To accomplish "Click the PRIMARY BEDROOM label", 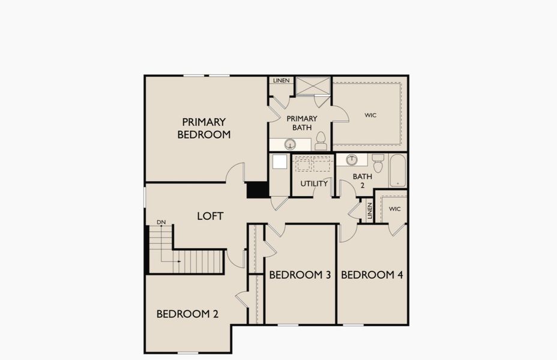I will click(x=204, y=128).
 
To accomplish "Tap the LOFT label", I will click(x=210, y=216).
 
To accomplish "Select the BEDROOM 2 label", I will click(x=187, y=314).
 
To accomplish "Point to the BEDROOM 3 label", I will click(x=300, y=275).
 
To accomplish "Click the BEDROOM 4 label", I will click(x=372, y=275).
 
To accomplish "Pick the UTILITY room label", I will click(x=314, y=184).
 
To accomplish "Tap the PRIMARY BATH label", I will click(x=302, y=123).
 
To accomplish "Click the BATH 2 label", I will click(x=362, y=181).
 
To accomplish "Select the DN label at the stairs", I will click(x=161, y=222).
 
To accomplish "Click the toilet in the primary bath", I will click(x=321, y=141).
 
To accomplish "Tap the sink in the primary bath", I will click(x=290, y=144).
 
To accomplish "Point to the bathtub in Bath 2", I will click(x=397, y=170).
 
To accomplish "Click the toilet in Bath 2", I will click(x=378, y=163).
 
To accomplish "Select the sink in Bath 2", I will click(x=352, y=160).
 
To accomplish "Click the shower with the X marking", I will click(x=313, y=85).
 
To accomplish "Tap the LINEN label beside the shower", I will click(x=281, y=80).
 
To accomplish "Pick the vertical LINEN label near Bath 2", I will click(x=370, y=210).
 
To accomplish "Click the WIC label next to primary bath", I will click(x=370, y=115).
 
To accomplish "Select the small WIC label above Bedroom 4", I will click(x=394, y=209).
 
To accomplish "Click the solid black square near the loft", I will click(x=258, y=190).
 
